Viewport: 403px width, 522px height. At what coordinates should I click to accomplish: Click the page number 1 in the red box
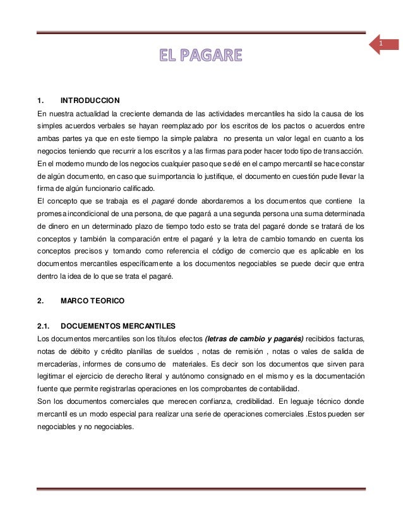pyautogui.click(x=381, y=43)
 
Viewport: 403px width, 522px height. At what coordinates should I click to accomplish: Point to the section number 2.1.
pyautogui.click(x=44, y=325)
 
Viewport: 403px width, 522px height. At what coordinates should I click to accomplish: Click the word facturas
pyautogui.click(x=350, y=339)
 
